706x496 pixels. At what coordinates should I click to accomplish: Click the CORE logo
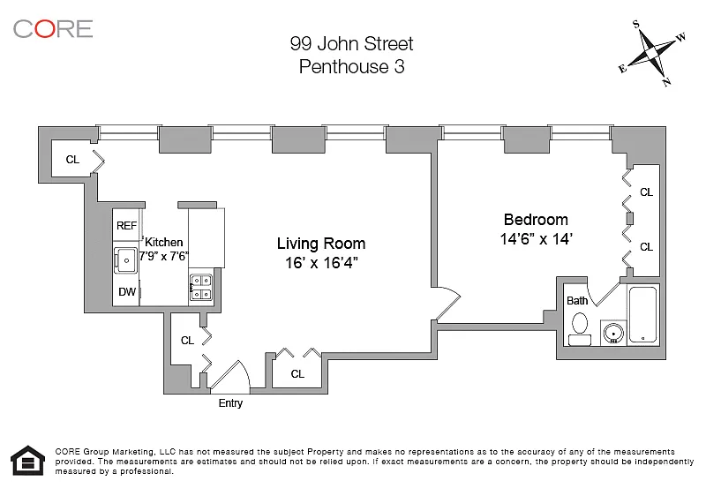[x=53, y=29]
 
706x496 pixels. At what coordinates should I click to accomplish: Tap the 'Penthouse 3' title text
[x=351, y=66]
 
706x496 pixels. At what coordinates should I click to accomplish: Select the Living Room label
[x=321, y=244]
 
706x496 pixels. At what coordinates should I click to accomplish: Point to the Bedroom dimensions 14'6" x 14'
[x=536, y=238]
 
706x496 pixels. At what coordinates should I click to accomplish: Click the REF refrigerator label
[x=126, y=226]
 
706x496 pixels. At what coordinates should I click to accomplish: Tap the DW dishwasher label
[x=127, y=291]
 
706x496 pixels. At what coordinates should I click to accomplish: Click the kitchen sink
[x=125, y=260]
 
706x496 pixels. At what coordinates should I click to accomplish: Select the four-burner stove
[x=201, y=287]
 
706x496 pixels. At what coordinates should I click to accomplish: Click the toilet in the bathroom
[x=580, y=328]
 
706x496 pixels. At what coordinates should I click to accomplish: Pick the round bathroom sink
[x=613, y=333]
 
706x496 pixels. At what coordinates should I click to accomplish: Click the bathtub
[x=643, y=314]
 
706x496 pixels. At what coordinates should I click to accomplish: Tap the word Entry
[x=230, y=403]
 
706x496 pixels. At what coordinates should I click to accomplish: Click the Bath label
[x=577, y=301]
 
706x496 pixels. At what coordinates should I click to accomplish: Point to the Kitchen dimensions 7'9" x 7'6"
[x=163, y=256]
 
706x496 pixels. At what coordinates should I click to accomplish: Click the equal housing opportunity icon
[x=28, y=461]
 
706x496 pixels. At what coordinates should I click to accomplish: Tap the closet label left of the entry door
[x=187, y=341]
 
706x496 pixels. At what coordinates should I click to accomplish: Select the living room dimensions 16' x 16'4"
[x=321, y=263]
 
